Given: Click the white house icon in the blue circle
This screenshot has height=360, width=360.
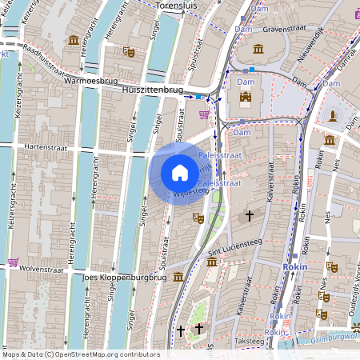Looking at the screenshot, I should pos(180,173).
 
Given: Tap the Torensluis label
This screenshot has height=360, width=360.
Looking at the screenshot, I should pos(178,5).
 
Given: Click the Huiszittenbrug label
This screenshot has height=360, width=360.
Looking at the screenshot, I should pos(153,90).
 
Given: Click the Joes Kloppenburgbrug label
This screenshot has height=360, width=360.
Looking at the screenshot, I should pos(124,278).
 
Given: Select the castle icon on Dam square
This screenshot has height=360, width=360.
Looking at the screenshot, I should pos(246,100).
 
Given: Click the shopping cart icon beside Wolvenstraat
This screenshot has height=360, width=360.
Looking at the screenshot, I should pos(14,262).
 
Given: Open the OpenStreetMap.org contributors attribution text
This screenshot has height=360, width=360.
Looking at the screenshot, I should pos(102,354).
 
